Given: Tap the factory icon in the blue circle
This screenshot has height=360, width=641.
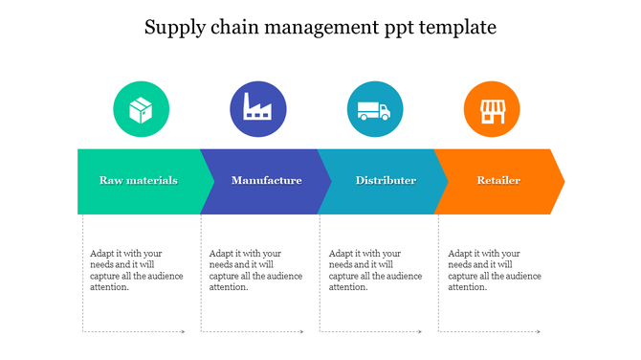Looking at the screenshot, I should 257,108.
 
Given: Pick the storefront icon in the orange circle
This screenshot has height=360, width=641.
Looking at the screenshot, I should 491,109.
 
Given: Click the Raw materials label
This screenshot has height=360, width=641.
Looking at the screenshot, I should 139,180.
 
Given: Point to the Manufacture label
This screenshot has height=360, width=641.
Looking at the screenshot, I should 267,180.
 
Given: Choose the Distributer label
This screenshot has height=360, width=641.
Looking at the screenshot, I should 386,180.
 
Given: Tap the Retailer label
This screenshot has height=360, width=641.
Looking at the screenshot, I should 498,180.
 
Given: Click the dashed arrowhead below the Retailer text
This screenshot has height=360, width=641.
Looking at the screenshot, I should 540,332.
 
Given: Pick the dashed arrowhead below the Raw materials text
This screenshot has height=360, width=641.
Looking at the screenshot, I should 183,332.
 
